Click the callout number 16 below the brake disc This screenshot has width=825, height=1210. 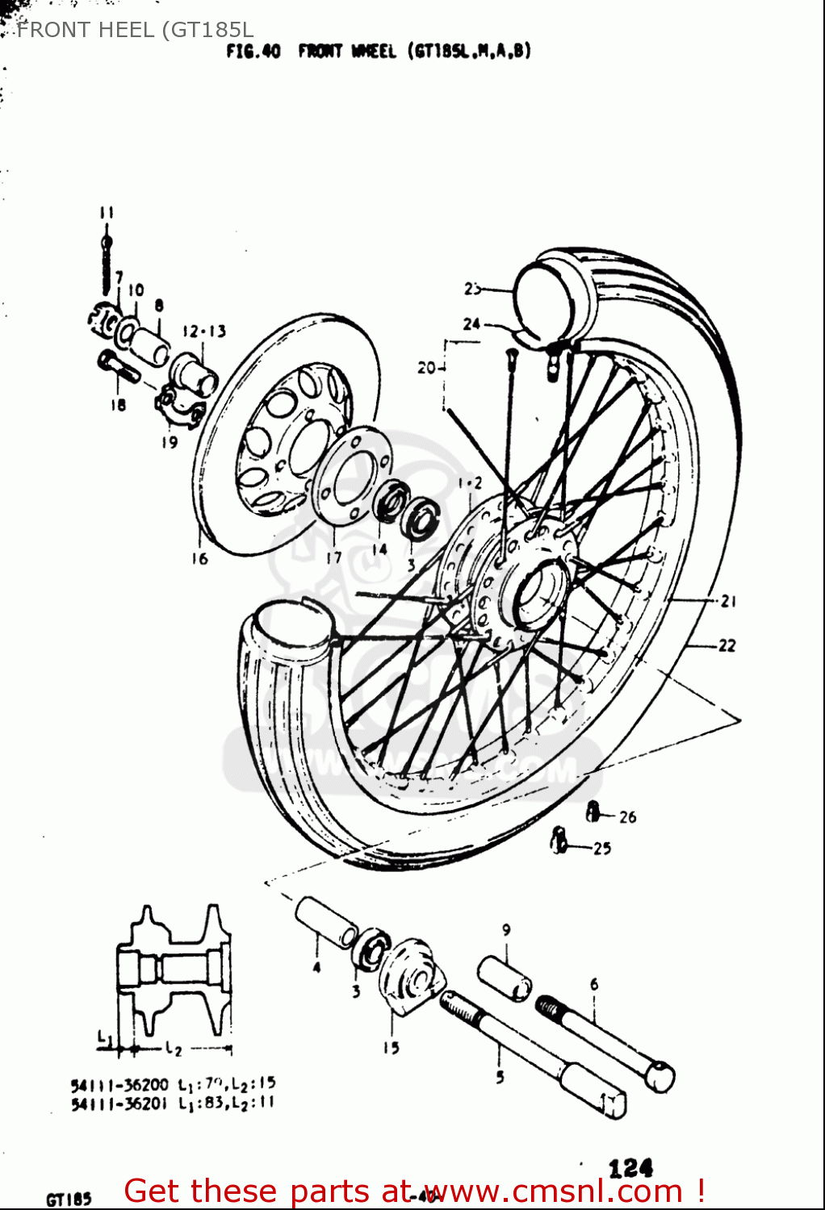pos(199,558)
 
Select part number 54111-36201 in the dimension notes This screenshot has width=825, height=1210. pos(119,1103)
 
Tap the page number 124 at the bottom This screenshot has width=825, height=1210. pos(630,1167)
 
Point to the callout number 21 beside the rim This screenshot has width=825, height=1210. pos(728,601)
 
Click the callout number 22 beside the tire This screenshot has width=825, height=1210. pos(727,645)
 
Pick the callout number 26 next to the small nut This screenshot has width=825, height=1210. pos(627,816)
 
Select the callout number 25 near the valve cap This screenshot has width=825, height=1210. pos(602,848)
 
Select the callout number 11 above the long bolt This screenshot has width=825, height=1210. pos(107,212)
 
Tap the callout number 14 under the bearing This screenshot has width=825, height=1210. pos(379,549)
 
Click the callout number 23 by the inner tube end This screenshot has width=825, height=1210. pos(472,289)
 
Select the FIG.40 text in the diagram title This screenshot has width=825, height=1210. pos(253,52)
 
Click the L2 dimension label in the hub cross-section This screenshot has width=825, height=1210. pos(174,1049)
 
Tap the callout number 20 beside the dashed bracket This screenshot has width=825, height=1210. pos(426,368)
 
